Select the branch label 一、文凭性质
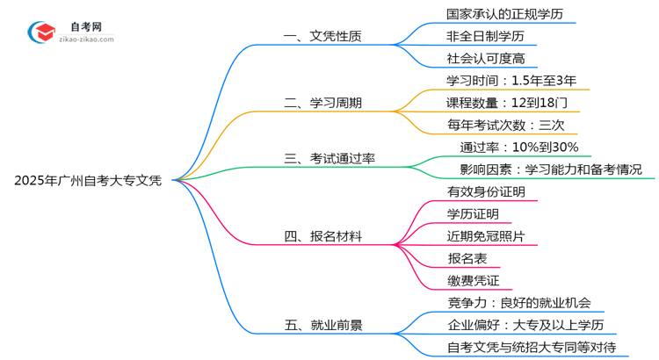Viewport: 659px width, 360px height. [x=322, y=38]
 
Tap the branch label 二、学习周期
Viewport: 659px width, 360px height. [x=322, y=104]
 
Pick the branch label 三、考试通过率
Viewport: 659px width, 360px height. [x=329, y=159]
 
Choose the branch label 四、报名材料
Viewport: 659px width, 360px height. [x=322, y=236]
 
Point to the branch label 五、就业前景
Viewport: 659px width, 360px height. [x=322, y=325]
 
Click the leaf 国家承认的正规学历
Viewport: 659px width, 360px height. [x=492, y=15]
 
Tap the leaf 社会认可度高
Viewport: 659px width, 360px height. [x=486, y=60]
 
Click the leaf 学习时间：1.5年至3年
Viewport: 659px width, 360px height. [x=511, y=81]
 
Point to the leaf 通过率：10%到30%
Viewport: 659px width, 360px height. [x=518, y=148]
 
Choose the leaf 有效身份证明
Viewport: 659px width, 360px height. [x=486, y=191]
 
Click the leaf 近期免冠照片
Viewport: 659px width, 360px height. [x=486, y=236]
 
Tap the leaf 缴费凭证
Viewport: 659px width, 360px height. [x=474, y=281]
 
